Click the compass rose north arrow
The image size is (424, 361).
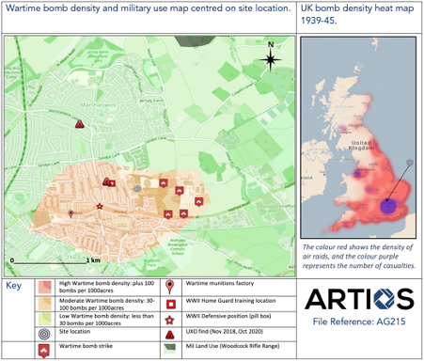(x=271, y=58)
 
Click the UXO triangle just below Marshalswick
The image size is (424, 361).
(x=81, y=123)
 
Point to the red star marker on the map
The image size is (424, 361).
(x=100, y=206)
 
